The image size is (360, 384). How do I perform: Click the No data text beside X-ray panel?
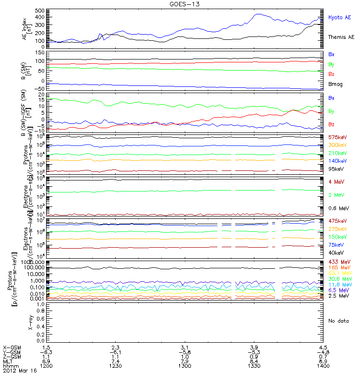point(338,321)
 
